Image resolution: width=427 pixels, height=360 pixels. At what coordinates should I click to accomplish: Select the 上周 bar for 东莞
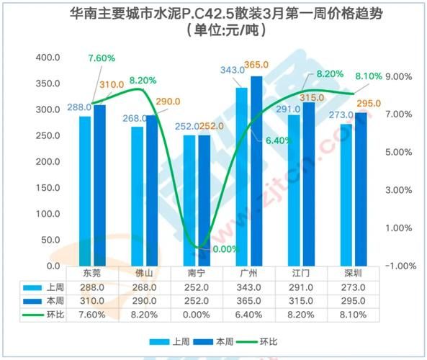[85, 191]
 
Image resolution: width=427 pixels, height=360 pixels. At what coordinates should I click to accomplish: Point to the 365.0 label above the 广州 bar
[256, 66]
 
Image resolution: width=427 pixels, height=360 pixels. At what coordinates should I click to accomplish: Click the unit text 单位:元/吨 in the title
[214, 31]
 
